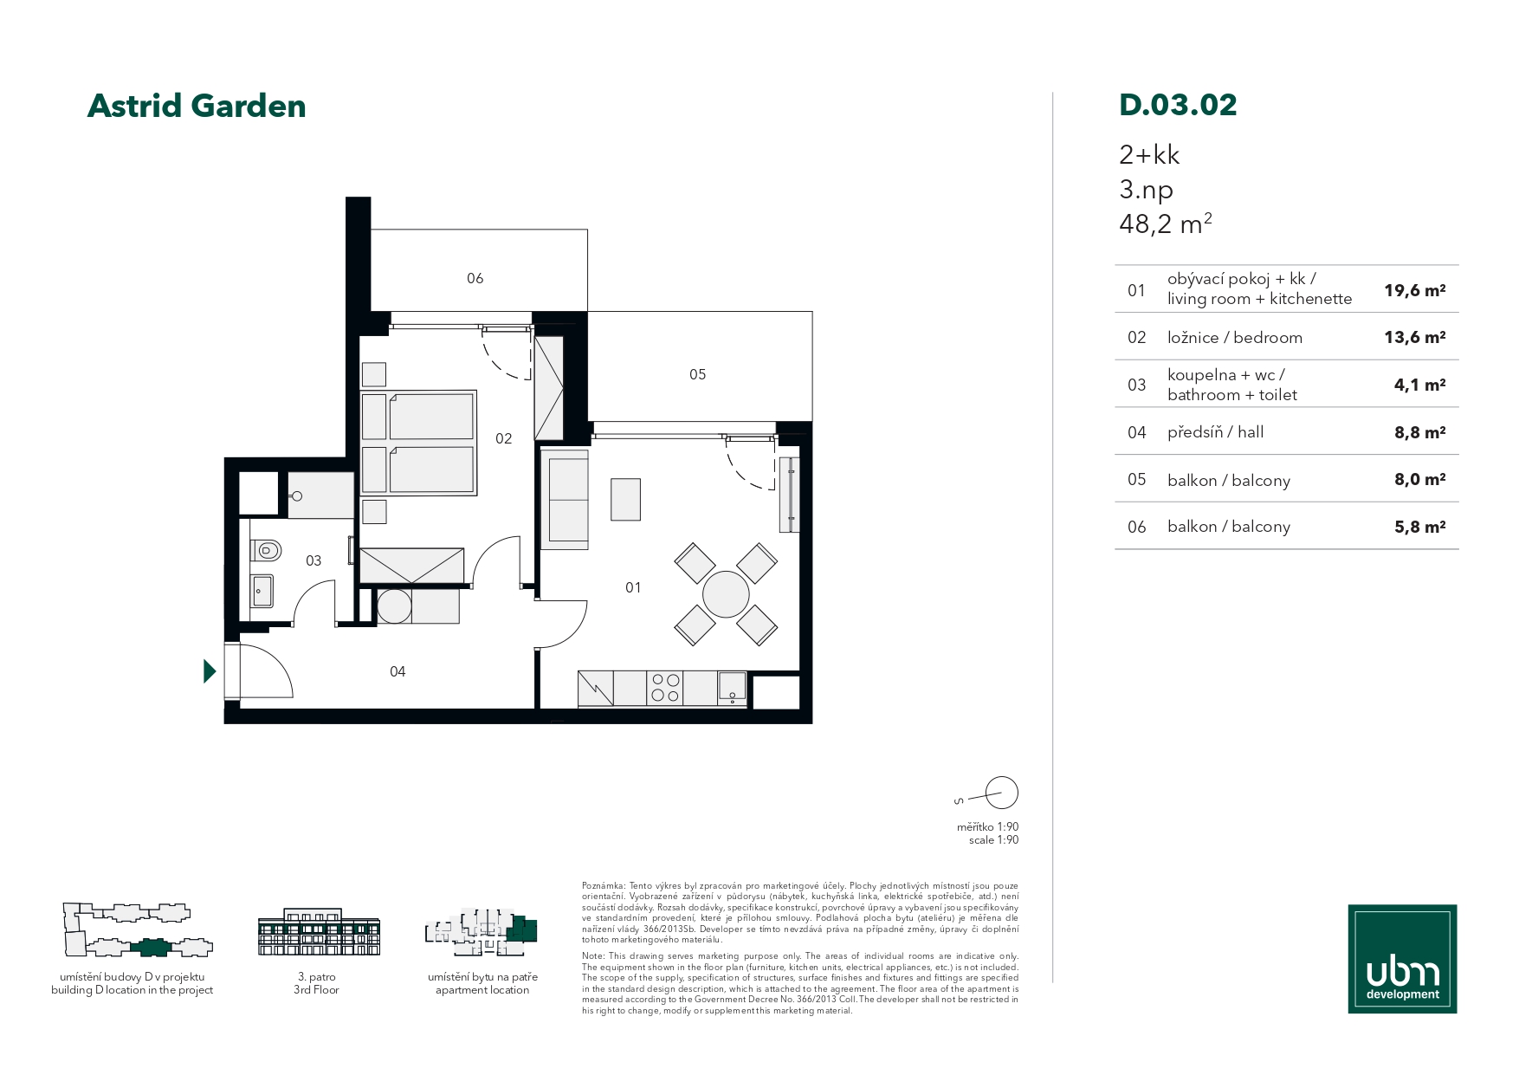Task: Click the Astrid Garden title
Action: (197, 106)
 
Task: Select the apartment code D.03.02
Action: (1178, 105)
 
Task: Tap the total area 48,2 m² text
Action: (1165, 223)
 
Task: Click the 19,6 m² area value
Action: (1414, 290)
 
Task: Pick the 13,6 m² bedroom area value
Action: (1414, 337)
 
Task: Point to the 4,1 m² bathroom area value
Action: (1419, 385)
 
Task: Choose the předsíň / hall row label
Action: (1215, 431)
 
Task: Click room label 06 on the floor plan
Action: (475, 278)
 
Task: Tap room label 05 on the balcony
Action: (697, 374)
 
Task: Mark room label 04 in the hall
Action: (398, 671)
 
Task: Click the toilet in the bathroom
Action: (266, 549)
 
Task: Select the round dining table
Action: (726, 594)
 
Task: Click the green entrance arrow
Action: (210, 671)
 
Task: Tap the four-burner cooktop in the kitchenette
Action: (664, 688)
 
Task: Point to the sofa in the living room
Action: (564, 499)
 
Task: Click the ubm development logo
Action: (1402, 959)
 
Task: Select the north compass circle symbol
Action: (1001, 793)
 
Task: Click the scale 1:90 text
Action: (993, 840)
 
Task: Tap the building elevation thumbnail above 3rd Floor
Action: (320, 933)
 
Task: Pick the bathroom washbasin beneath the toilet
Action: (262, 591)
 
